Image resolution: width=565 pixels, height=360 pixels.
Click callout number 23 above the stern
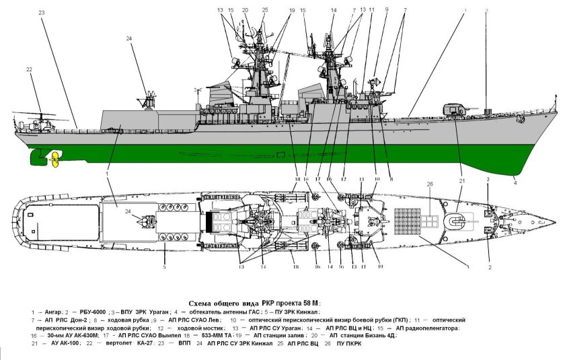click(x=42, y=12)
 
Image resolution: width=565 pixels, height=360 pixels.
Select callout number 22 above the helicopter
click(x=29, y=70)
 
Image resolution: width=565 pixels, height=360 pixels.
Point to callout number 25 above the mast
click(x=264, y=10)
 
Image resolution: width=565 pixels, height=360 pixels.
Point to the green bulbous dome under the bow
click(x=509, y=172)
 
